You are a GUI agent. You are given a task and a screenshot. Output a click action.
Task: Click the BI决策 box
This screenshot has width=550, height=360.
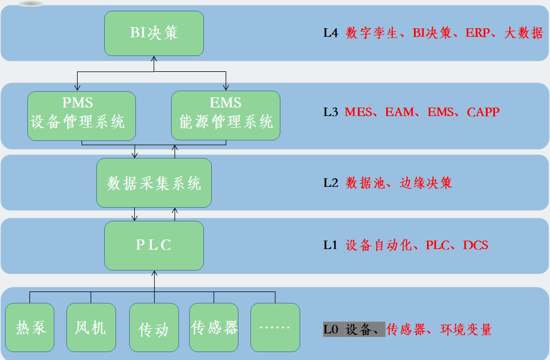tap(154, 33)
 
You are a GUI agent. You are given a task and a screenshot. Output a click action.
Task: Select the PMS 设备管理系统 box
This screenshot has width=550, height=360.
tap(82, 115)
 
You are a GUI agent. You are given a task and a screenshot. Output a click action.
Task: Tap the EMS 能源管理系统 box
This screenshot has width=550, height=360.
tap(225, 115)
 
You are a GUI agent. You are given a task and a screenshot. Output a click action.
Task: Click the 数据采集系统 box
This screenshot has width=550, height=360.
tap(154, 183)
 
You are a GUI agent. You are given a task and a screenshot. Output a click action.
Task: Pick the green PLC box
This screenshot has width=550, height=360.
tap(154, 245)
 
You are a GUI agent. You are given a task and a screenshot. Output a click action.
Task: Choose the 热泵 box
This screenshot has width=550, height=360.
tap(30, 328)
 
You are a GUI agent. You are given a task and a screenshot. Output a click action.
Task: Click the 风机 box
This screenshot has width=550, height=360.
tap(91, 328)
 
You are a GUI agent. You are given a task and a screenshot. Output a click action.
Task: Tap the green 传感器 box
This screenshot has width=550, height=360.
tap(214, 328)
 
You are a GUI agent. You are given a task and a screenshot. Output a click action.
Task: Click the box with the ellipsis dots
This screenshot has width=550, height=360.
tap(275, 328)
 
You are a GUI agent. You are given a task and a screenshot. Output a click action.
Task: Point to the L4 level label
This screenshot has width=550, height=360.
tap(330, 33)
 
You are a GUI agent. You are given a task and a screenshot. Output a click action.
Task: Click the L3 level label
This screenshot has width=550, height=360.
tap(330, 112)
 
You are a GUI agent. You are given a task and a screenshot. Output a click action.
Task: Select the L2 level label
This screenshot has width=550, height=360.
tap(330, 183)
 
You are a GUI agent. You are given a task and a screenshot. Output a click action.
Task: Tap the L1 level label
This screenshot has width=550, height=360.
tap(330, 245)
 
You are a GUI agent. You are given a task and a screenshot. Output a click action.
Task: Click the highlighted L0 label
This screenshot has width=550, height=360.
tap(331, 329)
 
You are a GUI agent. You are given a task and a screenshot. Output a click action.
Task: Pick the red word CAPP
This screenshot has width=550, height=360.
tap(483, 112)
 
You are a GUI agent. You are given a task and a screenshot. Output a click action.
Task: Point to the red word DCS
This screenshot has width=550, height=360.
tap(475, 245)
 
